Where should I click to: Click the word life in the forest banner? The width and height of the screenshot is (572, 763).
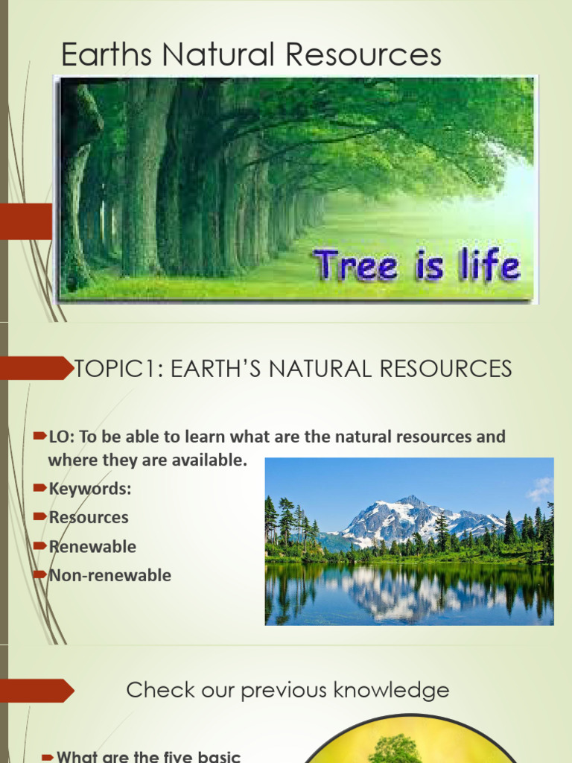(489, 265)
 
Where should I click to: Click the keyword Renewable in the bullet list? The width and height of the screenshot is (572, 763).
(92, 546)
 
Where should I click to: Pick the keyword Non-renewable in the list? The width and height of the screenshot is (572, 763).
(109, 575)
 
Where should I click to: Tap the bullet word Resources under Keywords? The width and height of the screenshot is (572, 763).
(89, 517)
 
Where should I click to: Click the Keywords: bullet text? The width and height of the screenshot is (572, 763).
(89, 489)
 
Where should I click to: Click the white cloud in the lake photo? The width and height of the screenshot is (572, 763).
(540, 490)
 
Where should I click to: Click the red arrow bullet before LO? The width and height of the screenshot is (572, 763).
(41, 436)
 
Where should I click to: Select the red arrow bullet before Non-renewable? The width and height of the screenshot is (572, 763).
(41, 574)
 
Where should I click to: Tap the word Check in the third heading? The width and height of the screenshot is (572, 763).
(154, 690)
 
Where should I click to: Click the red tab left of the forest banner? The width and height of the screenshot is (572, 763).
(26, 222)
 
